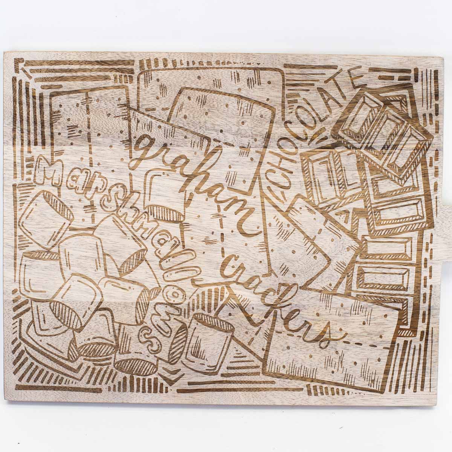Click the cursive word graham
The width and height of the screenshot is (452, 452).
[192, 177]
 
